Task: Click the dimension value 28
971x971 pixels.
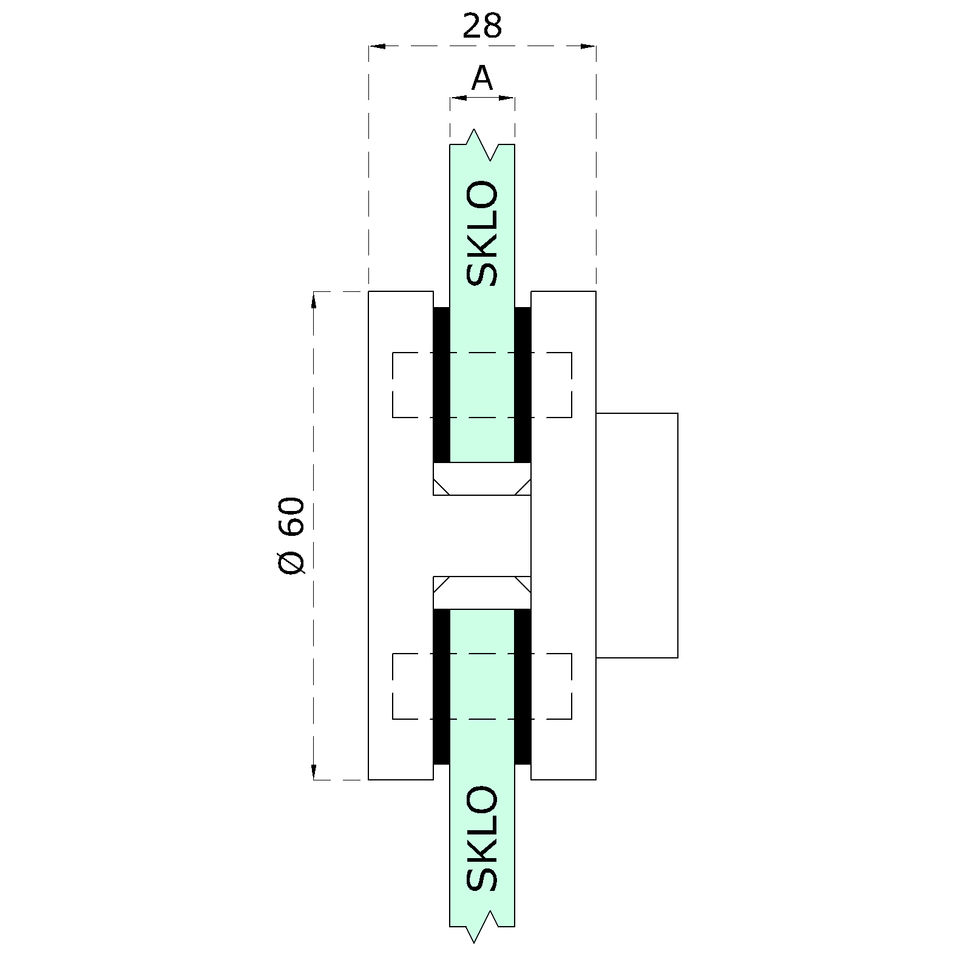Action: (482, 26)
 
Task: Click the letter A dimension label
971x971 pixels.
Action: (482, 78)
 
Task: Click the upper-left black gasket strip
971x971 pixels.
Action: (441, 385)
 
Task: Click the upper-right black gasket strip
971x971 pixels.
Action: (523, 385)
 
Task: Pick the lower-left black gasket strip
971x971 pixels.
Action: (441, 686)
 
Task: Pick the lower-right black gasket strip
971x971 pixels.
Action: (523, 686)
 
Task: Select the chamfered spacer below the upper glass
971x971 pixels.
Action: (482, 479)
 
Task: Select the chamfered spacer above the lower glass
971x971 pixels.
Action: (482, 592)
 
